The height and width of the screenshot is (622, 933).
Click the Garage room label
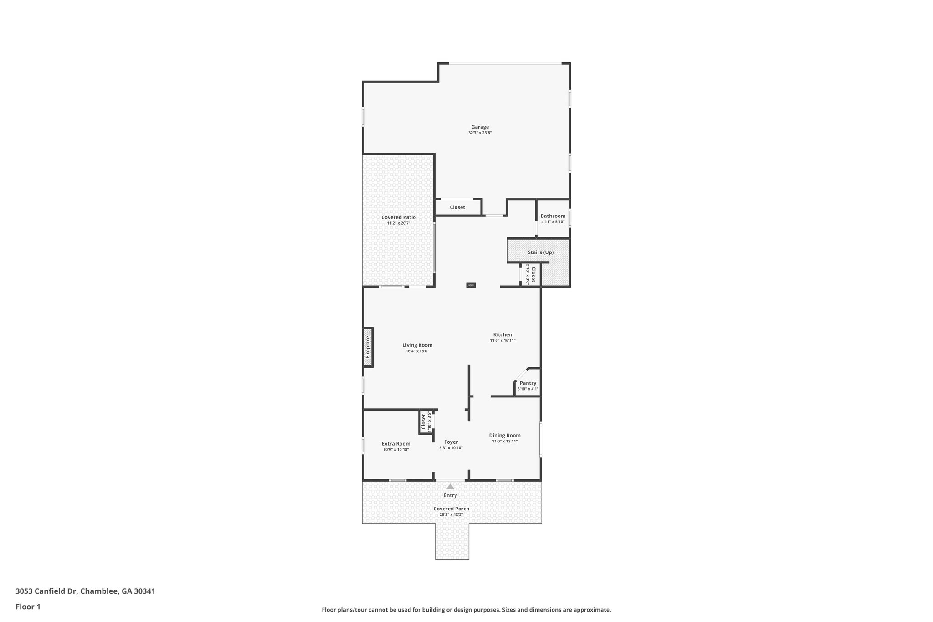click(x=480, y=127)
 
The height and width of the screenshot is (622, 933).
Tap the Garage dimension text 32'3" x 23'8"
click(x=480, y=133)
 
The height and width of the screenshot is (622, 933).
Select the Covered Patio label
click(x=399, y=217)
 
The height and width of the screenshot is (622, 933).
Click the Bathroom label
click(x=553, y=216)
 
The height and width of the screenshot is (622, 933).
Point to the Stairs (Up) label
click(x=541, y=252)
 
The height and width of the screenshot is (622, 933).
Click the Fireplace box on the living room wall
click(x=368, y=347)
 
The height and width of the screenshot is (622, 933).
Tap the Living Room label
click(x=417, y=345)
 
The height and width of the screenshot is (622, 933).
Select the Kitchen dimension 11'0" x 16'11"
click(x=502, y=341)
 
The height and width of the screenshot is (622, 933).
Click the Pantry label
click(x=528, y=383)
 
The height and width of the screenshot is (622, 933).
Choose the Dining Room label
click(x=505, y=436)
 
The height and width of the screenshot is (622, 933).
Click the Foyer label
click(x=451, y=442)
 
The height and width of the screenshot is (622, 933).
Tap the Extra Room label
click(x=396, y=444)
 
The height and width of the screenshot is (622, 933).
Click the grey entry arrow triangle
click(x=450, y=487)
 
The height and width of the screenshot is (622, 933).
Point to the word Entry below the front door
click(x=450, y=495)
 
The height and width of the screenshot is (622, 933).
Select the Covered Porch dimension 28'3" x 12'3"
click(x=451, y=514)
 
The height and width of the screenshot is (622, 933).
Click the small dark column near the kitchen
click(x=471, y=285)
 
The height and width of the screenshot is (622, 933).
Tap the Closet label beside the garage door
click(x=457, y=207)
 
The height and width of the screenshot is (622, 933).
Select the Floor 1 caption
click(x=28, y=607)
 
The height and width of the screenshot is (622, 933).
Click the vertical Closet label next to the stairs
click(x=533, y=275)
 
